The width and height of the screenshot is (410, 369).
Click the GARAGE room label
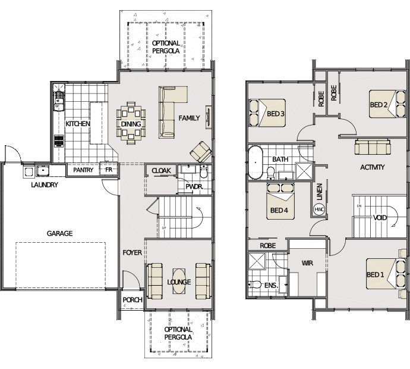(x=59, y=233)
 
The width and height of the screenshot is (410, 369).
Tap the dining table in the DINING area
(x=131, y=123)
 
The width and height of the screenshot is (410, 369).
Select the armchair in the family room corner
(x=201, y=152)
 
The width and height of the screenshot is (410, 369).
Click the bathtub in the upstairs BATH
(x=255, y=162)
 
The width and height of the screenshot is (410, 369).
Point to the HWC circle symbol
(x=319, y=209)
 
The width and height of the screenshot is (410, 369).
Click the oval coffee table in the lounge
(x=179, y=282)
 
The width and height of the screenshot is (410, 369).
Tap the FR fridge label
(x=109, y=170)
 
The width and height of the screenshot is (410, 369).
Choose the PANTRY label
(x=83, y=170)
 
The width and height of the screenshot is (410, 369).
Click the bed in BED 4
(x=280, y=201)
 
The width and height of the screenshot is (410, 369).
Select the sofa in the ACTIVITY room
(x=373, y=147)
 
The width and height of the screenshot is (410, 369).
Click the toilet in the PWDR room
(x=204, y=171)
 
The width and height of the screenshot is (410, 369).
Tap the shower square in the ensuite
(x=257, y=261)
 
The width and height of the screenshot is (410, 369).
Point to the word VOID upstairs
(x=380, y=218)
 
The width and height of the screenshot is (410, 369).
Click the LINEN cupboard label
(x=319, y=192)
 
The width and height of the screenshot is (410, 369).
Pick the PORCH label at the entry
(x=133, y=300)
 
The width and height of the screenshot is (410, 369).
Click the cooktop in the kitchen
(x=59, y=141)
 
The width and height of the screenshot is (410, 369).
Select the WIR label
(x=307, y=263)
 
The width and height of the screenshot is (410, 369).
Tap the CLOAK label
(x=162, y=171)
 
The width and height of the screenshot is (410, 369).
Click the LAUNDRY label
(x=45, y=185)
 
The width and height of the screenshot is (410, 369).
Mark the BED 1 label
(x=375, y=275)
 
